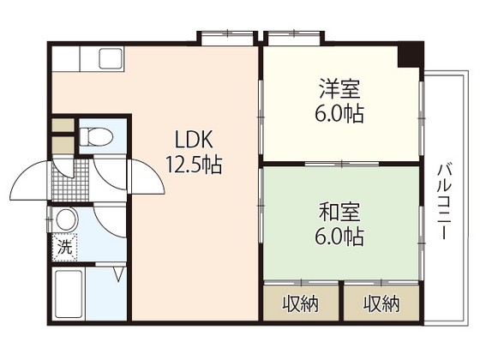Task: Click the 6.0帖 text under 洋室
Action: point(340,112)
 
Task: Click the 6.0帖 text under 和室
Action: point(340,235)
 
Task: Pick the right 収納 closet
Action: point(381,302)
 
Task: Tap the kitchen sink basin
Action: point(112,62)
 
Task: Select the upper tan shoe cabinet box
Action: point(62,124)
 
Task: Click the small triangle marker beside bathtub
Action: point(121,275)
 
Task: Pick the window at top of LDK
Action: point(226,37)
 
